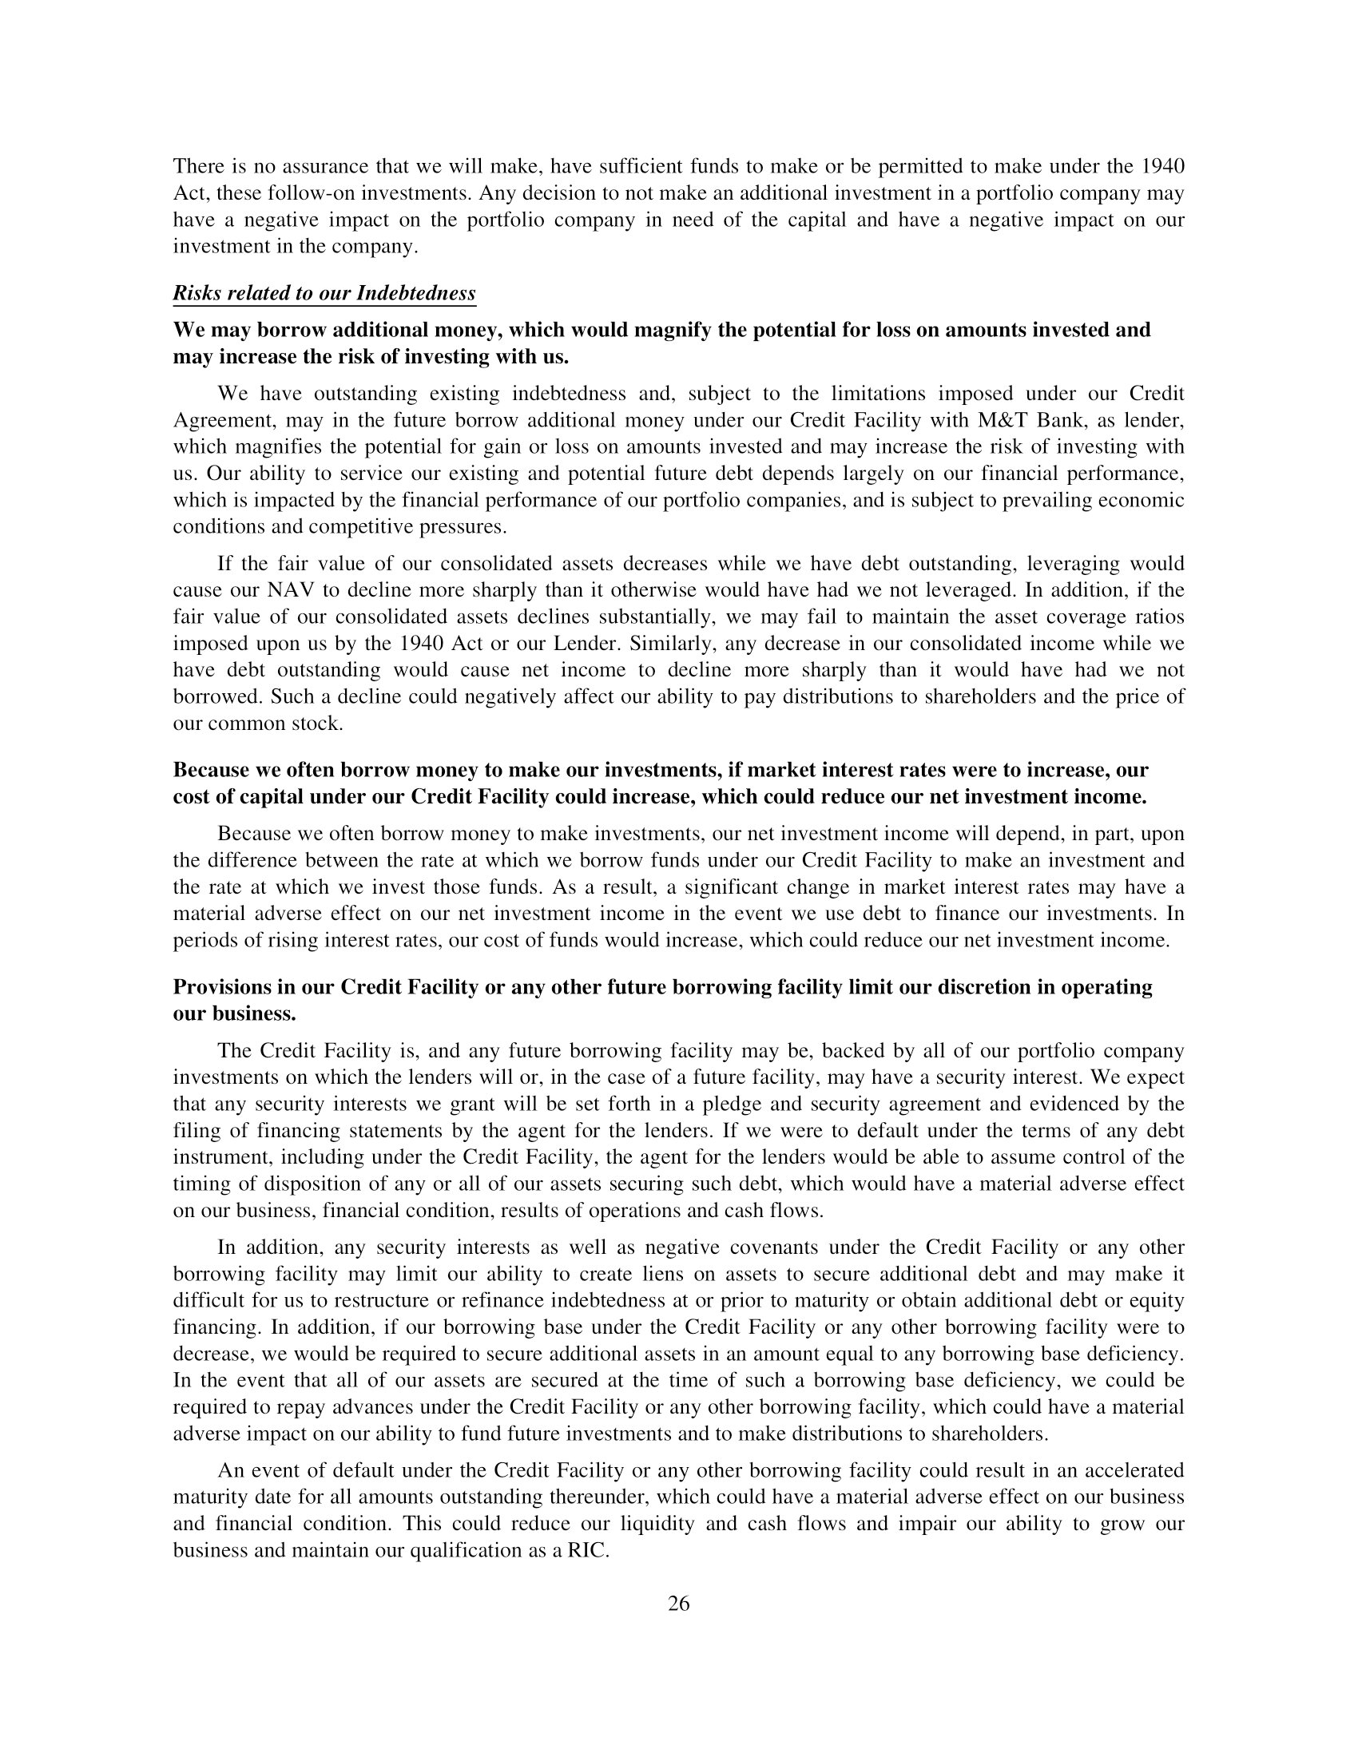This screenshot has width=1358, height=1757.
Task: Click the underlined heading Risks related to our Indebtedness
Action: point(324,293)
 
